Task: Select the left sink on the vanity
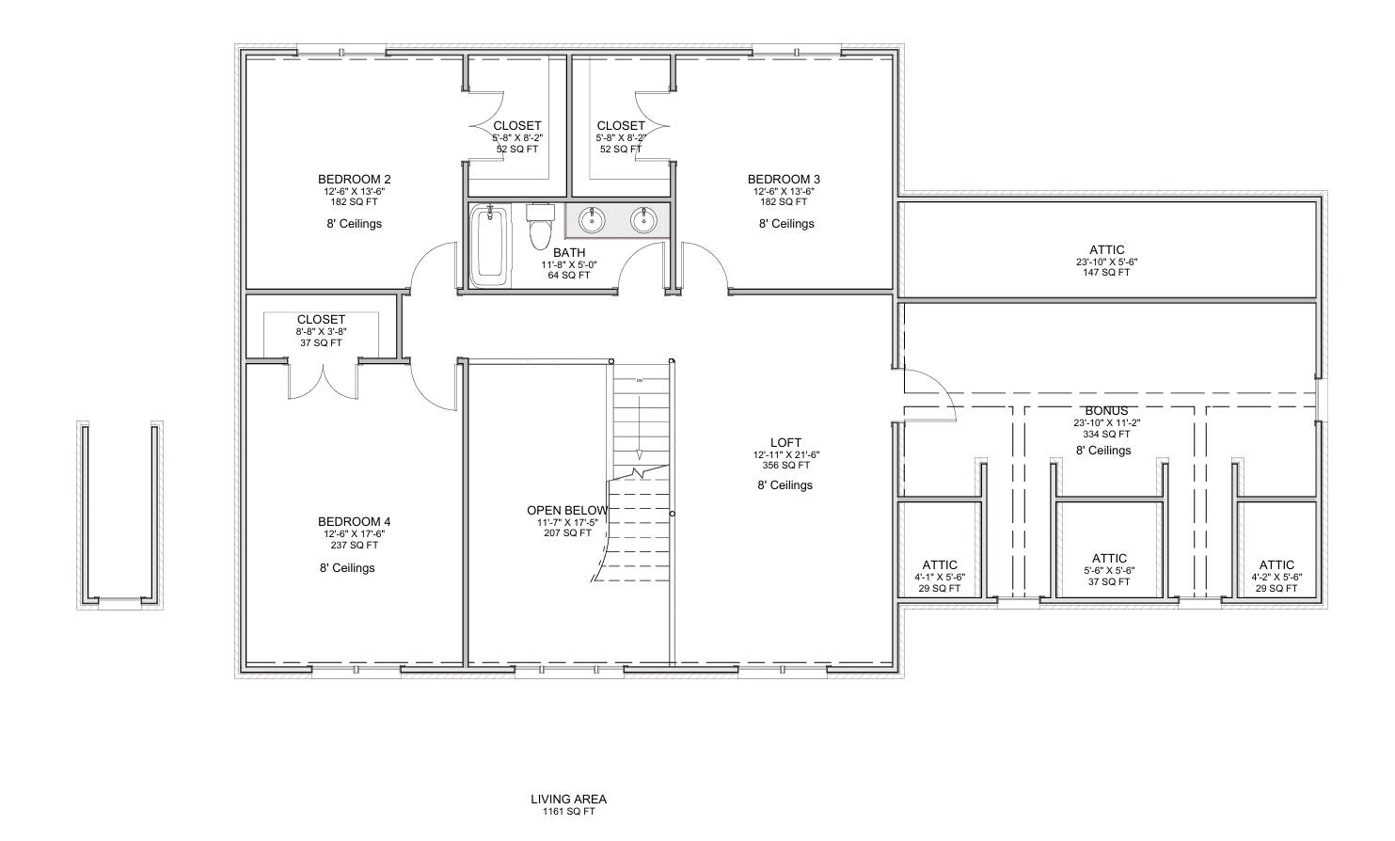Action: click(592, 220)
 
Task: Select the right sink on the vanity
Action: click(644, 220)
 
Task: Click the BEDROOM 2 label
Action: click(354, 179)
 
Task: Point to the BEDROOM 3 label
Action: click(784, 179)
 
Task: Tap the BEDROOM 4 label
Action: click(354, 521)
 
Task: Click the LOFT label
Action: click(785, 442)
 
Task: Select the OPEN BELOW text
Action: click(567, 510)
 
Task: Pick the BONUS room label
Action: click(1106, 411)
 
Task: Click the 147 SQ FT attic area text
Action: click(1106, 273)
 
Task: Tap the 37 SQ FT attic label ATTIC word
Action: click(1109, 558)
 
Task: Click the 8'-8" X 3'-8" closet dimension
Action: click(321, 331)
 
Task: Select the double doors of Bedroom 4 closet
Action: click(323, 381)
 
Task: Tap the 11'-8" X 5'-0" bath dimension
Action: click(568, 264)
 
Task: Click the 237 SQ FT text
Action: click(354, 545)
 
